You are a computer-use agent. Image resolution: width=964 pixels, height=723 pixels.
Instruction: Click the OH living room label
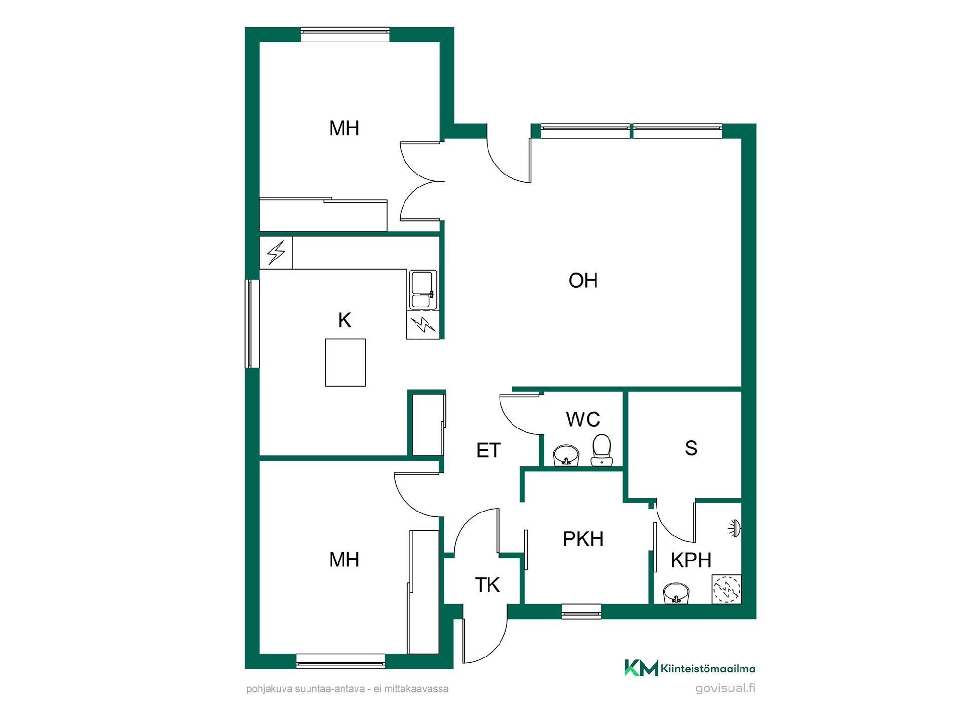tap(583, 281)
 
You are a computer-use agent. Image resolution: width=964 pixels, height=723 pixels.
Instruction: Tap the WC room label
tap(583, 419)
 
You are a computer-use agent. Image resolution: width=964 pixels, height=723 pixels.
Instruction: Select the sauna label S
tap(691, 448)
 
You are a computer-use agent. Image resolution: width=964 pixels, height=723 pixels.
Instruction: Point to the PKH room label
tap(583, 539)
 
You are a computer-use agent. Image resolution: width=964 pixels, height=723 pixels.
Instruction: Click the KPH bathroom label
tap(691, 560)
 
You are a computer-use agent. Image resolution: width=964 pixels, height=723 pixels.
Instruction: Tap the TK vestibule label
tap(487, 585)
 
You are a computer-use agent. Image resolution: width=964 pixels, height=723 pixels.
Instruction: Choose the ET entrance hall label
tap(488, 450)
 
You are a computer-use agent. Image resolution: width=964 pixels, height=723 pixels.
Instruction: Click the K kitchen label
tap(344, 320)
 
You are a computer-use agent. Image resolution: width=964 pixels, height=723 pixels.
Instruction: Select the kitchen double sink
tap(423, 290)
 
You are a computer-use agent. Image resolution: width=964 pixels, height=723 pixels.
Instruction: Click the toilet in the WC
tap(601, 450)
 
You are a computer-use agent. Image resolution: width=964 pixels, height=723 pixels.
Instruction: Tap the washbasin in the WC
tap(566, 455)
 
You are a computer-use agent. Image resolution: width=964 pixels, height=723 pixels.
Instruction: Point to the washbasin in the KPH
tap(677, 593)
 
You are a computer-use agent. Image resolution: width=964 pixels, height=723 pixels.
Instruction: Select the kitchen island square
tap(345, 363)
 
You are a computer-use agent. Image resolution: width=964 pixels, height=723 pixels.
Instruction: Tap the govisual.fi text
tap(725, 688)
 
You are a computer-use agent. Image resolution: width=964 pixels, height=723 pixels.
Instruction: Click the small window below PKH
tap(581, 612)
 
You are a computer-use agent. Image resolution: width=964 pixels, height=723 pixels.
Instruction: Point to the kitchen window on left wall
tap(252, 324)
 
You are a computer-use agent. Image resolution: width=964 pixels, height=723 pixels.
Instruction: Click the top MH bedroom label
tap(344, 129)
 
